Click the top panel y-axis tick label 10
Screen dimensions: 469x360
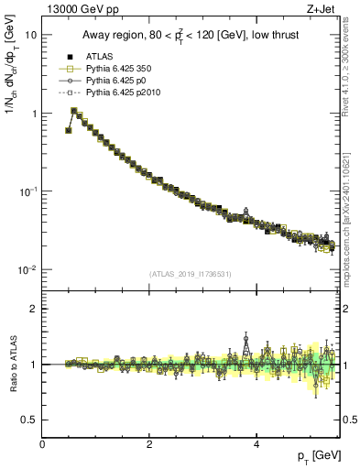point(30,35)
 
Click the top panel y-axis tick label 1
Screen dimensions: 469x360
point(33,114)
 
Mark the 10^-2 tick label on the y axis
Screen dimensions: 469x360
point(27,269)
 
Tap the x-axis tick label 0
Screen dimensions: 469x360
point(42,444)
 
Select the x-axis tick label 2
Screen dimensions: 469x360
point(149,444)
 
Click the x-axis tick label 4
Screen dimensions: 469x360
point(256,444)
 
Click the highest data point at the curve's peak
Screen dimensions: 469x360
point(74,111)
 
